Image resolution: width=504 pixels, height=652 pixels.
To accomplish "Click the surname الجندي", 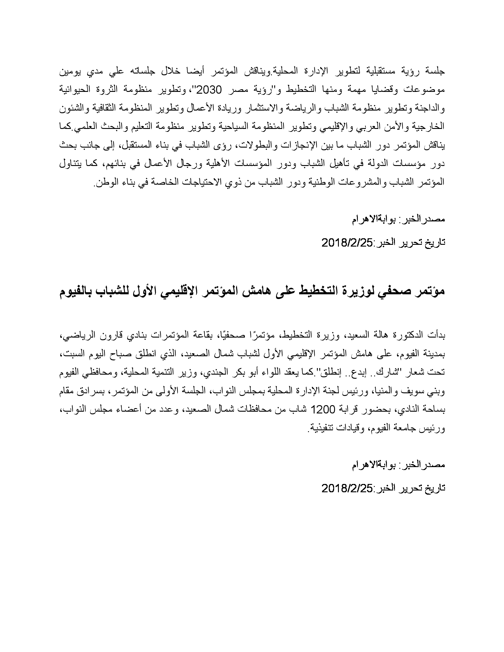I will pyautogui.click(x=216, y=373).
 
